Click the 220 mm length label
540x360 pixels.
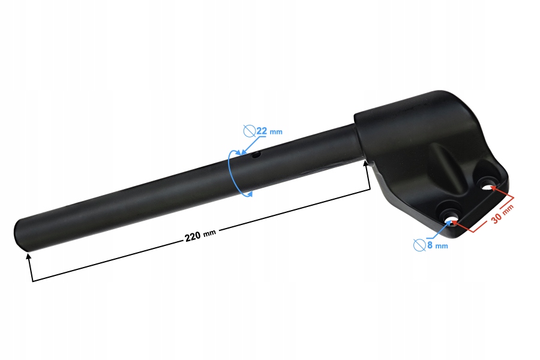[x=200, y=236]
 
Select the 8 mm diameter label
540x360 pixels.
[x=437, y=245]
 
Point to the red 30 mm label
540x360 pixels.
[x=503, y=214]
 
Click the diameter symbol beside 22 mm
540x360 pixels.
[x=249, y=130]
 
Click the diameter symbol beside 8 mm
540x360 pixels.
[x=420, y=244]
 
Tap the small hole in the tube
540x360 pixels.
[x=256, y=155]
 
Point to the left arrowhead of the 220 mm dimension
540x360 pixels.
[x=28, y=257]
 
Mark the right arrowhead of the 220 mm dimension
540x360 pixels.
[x=367, y=164]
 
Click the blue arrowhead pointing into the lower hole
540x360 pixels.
[x=449, y=221]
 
